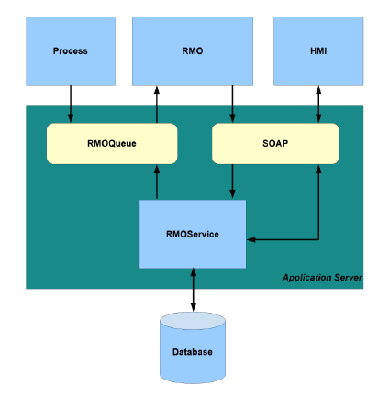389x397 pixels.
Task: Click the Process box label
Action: click(71, 50)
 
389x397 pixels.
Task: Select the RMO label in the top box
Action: click(193, 50)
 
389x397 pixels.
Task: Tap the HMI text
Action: click(318, 50)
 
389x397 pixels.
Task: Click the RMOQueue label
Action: click(112, 143)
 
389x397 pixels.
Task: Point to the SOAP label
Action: click(275, 143)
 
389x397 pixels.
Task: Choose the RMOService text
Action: click(193, 234)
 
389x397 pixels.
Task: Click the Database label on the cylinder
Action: click(193, 352)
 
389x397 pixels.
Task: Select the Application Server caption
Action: click(322, 278)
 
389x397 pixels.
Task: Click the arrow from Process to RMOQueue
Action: click(71, 104)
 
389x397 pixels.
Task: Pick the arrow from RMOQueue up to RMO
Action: click(157, 105)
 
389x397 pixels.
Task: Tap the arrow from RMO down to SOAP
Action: click(232, 104)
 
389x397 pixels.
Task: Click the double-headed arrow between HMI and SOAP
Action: click(318, 105)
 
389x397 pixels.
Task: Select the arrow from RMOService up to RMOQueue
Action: click(157, 182)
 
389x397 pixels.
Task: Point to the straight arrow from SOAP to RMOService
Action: click(232, 182)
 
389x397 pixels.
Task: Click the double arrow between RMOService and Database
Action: click(194, 290)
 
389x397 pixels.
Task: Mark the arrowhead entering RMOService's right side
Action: click(250, 239)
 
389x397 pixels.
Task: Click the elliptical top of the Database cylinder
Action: click(193, 321)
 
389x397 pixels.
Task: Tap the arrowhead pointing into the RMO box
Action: click(157, 91)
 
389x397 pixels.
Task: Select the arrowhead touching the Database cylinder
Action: click(194, 307)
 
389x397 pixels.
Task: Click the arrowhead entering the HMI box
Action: click(318, 90)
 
